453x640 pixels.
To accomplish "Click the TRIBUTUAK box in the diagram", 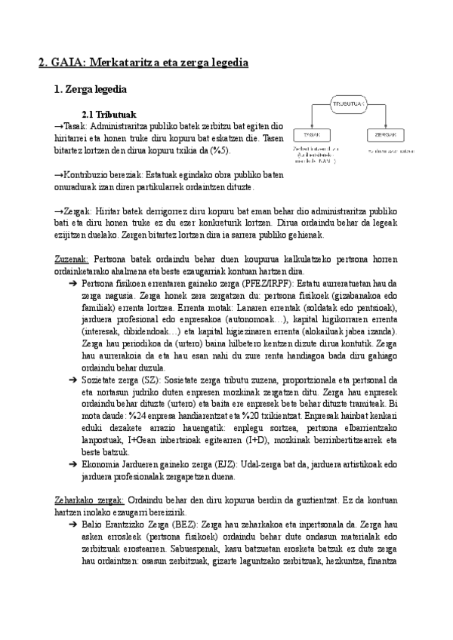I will coord(348,103).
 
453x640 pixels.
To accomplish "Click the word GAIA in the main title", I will coord(67,63).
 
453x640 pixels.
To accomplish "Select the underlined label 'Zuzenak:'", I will coord(73,259).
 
